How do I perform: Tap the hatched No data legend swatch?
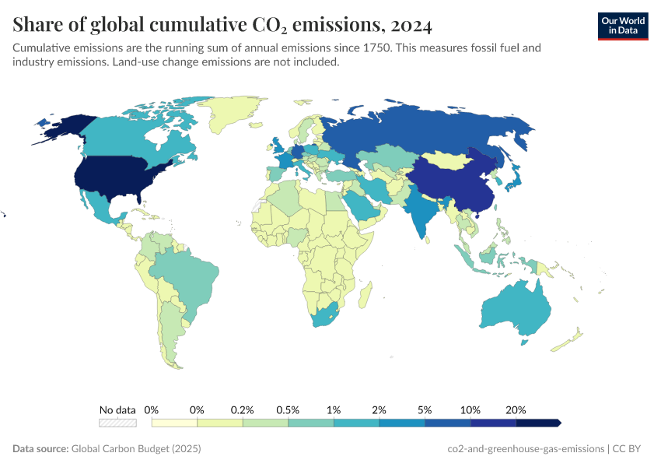[117, 423]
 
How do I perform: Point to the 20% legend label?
[516, 409]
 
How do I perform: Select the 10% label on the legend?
[470, 409]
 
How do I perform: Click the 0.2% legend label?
[243, 409]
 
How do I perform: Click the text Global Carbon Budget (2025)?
[135, 449]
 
